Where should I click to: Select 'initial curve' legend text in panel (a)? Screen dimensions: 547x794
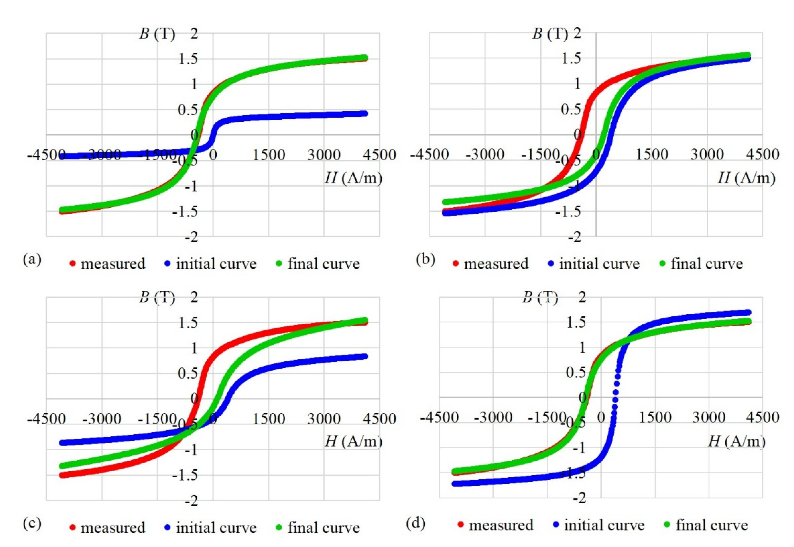216,264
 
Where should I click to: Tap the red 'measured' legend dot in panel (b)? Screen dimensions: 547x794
456,264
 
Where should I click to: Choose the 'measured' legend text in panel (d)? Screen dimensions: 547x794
501,525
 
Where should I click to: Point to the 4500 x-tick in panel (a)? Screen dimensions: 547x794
379,155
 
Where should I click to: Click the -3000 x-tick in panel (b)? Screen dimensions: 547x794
485,155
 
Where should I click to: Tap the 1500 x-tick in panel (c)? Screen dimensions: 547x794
268,419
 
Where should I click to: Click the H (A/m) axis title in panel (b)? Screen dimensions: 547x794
746,178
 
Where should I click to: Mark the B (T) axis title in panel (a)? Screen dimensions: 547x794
157,35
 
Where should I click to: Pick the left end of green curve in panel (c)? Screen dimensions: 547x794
62,466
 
